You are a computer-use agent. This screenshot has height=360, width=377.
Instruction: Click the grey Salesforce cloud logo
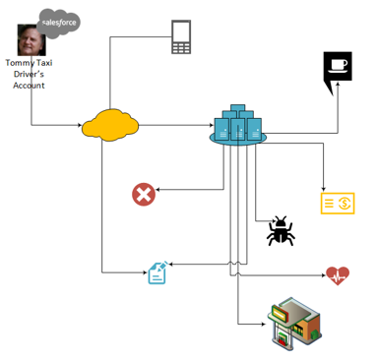click(58, 23)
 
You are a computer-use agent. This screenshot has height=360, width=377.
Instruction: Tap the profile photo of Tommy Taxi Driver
click(31, 39)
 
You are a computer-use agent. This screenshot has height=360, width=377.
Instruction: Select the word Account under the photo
click(29, 86)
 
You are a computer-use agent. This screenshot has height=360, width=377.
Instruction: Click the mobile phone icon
click(181, 36)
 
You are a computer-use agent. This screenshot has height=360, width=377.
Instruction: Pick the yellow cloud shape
click(110, 125)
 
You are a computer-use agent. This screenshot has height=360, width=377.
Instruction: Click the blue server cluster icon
click(238, 125)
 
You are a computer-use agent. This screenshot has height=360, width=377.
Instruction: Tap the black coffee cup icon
click(338, 70)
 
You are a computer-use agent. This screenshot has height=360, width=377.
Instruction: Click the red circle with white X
click(144, 195)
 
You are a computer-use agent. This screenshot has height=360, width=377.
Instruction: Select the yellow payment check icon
click(338, 204)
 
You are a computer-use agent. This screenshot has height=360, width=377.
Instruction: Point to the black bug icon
click(281, 231)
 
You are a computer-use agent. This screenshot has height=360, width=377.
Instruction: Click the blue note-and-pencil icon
click(158, 272)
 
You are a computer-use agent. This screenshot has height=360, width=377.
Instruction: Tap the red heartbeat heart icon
click(338, 275)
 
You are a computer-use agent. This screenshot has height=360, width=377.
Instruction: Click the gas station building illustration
click(294, 324)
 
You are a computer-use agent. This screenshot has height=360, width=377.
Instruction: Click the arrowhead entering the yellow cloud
click(80, 125)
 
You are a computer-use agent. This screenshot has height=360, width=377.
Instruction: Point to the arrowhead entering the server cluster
click(212, 125)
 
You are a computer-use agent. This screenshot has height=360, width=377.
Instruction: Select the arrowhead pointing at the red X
click(157, 190)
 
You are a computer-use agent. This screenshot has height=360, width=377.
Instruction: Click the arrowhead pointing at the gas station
click(264, 325)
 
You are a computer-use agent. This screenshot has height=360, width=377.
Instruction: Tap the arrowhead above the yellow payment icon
click(324, 189)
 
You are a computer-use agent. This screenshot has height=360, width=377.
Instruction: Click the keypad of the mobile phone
click(181, 48)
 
